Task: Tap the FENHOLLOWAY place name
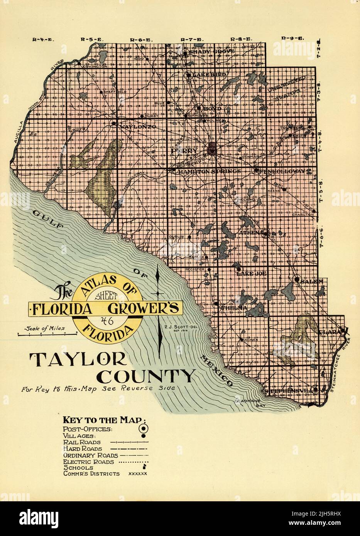[284, 171]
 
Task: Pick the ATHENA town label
[251, 233]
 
